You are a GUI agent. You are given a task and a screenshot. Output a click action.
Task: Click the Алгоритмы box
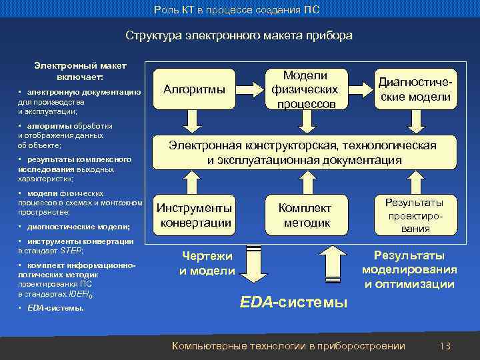194,89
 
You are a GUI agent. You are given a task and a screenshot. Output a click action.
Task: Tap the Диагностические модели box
415,89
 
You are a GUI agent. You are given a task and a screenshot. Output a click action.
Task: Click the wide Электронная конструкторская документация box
305,153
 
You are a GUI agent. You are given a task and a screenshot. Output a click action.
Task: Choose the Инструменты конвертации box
194,215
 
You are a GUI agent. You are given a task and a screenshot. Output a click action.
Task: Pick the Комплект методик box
304,215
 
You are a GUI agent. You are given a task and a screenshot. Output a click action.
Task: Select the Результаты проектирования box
415,215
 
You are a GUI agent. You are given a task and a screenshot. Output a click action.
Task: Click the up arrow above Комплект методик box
304,181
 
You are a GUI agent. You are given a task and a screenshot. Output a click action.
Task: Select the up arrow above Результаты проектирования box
415,181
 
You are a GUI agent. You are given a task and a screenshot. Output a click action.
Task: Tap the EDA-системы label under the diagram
293,302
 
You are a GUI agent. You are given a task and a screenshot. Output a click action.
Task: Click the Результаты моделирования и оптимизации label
409,270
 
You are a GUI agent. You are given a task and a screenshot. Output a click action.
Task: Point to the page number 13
445,345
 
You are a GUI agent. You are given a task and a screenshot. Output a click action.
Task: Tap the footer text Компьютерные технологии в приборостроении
289,345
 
